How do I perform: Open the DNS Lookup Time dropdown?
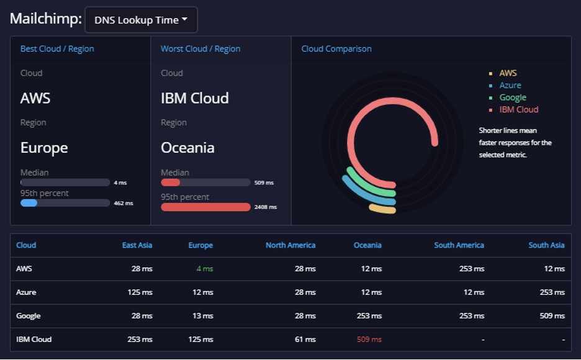pos(141,20)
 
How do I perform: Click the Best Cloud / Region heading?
pos(57,49)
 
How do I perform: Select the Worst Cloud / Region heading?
pos(200,49)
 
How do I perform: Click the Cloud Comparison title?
pos(336,49)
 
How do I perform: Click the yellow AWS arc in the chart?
pos(382,209)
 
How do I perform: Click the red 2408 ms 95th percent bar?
pos(205,207)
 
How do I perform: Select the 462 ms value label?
pos(124,204)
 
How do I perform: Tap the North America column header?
pos(290,245)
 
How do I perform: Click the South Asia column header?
pos(546,245)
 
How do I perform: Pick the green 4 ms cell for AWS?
pos(205,269)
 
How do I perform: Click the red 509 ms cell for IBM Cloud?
pos(369,340)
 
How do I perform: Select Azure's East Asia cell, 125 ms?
pos(140,292)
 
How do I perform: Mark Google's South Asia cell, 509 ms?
pos(552,316)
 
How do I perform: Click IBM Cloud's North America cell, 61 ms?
pos(305,340)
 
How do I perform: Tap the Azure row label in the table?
pos(26,292)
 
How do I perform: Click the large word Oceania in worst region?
pos(187,148)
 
